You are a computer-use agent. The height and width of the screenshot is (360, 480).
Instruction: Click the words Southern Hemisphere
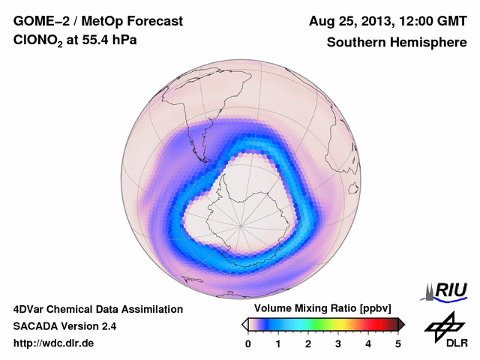point(396,42)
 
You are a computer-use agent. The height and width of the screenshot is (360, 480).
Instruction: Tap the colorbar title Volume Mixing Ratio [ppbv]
point(319,308)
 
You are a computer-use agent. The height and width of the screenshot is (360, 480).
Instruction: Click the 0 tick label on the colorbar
point(248,343)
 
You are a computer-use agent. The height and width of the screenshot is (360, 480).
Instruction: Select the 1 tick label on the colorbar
point(278,343)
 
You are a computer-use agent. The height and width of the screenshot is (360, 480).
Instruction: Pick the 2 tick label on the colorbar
point(308,343)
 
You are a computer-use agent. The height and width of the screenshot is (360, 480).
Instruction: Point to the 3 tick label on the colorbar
point(338,343)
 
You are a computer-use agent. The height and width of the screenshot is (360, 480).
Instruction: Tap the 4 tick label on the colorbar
point(368,343)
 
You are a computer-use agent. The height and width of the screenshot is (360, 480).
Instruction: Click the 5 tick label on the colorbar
point(398,343)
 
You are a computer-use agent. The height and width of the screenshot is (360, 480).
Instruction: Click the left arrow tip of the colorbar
point(244,324)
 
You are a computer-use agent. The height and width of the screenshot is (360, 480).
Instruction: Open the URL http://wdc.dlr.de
point(54,343)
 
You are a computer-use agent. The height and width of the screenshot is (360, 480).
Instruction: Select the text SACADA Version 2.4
point(64,326)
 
